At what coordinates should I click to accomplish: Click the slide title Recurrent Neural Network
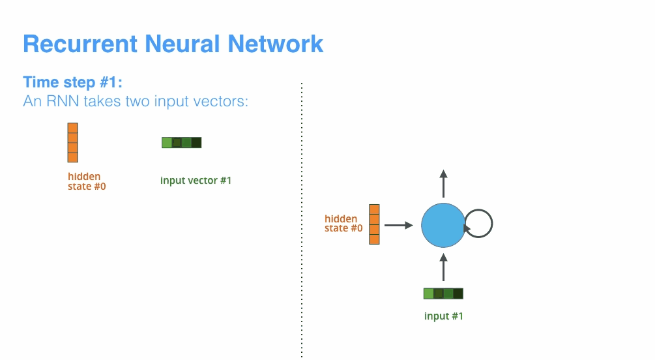tap(173, 44)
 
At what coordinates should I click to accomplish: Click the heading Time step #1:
tap(72, 82)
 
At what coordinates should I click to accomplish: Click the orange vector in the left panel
tap(72, 142)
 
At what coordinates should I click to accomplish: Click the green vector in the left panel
tap(181, 142)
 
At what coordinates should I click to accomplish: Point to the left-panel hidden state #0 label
tap(84, 181)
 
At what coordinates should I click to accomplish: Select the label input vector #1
tap(196, 180)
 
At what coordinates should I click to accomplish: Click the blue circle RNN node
tap(443, 225)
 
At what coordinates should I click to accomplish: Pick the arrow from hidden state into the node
tap(398, 225)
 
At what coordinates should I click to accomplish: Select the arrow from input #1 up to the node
tap(443, 267)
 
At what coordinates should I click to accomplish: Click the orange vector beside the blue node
tap(374, 224)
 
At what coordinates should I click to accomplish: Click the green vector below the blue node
tap(443, 293)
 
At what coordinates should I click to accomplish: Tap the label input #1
tap(443, 316)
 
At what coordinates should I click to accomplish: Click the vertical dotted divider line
tap(302, 222)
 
